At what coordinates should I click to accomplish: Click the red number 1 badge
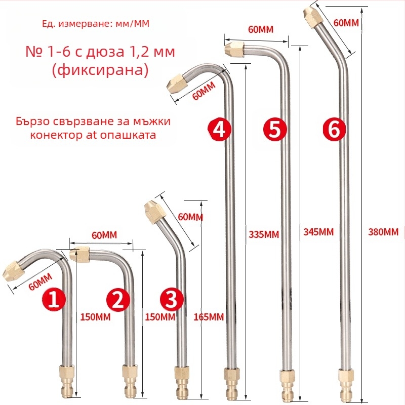(54, 300)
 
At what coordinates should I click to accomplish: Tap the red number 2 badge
(117, 300)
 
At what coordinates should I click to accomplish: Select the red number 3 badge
(171, 300)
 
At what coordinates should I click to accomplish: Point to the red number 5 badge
(274, 130)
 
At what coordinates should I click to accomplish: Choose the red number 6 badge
(334, 130)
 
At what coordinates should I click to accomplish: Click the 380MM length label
(383, 232)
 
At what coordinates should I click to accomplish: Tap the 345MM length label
(318, 232)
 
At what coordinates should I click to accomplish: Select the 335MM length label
(264, 234)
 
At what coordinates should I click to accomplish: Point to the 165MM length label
(209, 317)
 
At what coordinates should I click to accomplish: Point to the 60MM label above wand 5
(261, 29)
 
